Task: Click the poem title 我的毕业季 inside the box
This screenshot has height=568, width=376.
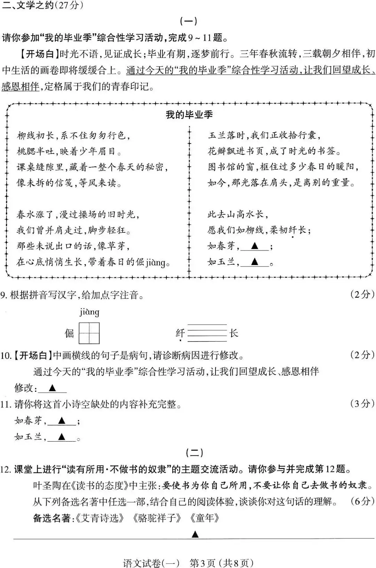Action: (x=189, y=115)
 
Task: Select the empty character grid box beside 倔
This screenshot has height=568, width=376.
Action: (x=89, y=333)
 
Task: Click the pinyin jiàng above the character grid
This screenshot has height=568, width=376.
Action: (x=89, y=312)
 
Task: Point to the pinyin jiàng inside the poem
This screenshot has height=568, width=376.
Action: (x=155, y=262)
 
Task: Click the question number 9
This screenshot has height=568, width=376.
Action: (x=4, y=295)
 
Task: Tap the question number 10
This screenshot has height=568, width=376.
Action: (x=6, y=355)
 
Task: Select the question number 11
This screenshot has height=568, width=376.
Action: (x=6, y=404)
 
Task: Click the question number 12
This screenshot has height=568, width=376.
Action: (x=6, y=469)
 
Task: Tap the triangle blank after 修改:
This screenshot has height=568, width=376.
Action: (x=52, y=388)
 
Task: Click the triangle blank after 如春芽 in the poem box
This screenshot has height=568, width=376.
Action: (x=254, y=246)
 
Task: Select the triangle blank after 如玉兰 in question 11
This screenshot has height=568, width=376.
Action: (x=62, y=437)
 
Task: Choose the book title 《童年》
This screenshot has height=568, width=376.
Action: (x=205, y=518)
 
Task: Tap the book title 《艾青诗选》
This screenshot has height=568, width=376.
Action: (x=99, y=518)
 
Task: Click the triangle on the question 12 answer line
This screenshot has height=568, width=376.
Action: (x=195, y=534)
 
